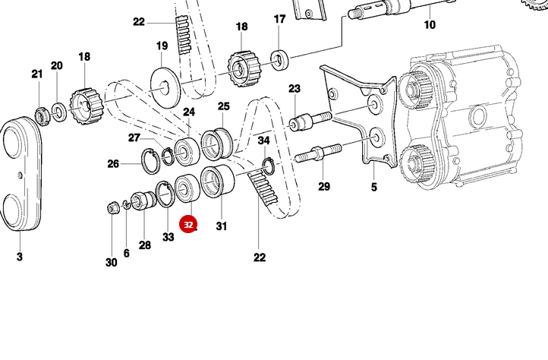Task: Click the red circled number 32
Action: tap(188, 225)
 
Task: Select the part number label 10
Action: tap(430, 25)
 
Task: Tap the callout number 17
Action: tap(279, 19)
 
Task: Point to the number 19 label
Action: tap(162, 46)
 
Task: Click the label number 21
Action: tap(37, 74)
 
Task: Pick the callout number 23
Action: tap(294, 89)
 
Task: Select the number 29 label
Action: tap(324, 187)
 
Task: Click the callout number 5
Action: tap(373, 187)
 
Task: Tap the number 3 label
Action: tap(20, 257)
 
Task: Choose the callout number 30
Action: tap(112, 263)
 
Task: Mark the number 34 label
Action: tap(263, 141)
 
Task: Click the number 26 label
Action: tap(113, 163)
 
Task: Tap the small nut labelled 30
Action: tap(112, 207)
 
